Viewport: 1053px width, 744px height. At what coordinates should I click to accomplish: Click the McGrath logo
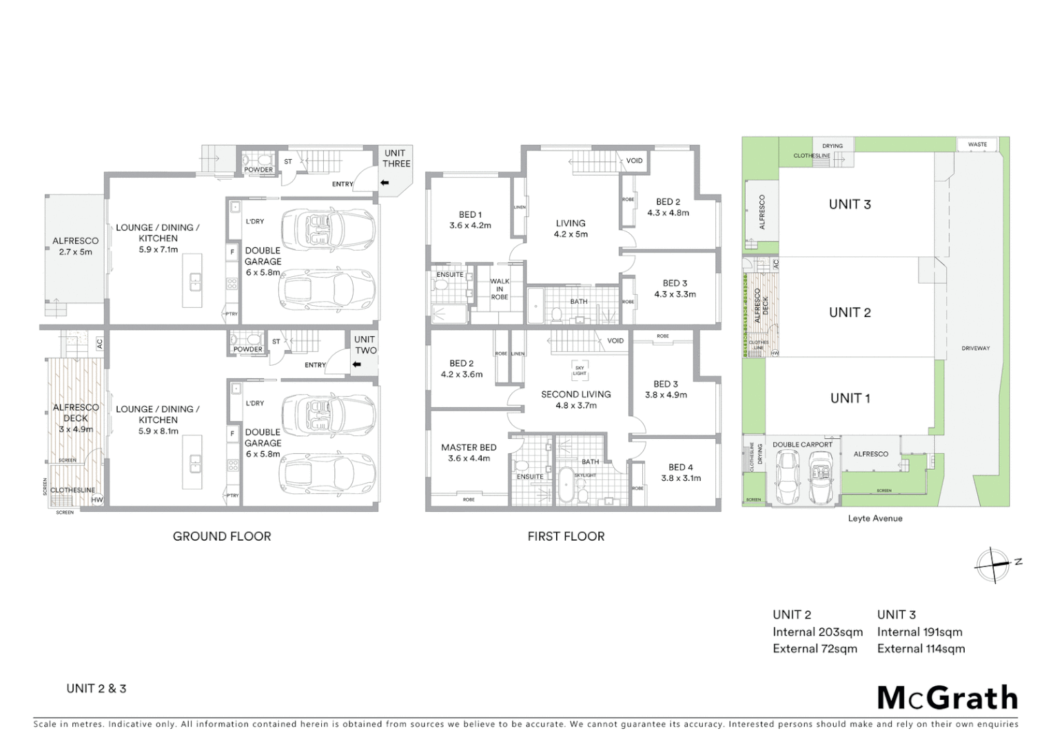pos(948,698)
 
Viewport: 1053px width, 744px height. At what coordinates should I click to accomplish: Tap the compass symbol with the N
pos(994,564)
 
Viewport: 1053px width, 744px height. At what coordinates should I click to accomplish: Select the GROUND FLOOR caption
pos(222,536)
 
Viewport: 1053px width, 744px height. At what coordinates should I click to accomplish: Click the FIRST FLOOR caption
pos(566,536)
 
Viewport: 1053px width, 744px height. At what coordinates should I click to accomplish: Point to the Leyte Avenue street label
pos(875,518)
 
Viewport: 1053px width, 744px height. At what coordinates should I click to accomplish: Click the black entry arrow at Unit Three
pos(385,183)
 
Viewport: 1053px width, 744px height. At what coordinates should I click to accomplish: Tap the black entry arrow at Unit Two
pos(356,364)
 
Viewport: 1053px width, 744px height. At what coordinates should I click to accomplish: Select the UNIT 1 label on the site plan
pos(850,398)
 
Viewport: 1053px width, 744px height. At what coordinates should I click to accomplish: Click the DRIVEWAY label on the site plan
pos(975,349)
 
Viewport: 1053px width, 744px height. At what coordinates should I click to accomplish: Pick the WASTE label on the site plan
pos(977,145)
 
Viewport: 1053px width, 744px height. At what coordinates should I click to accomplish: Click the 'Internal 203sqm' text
pos(817,632)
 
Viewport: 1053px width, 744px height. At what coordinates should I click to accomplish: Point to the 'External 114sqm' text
pos(921,648)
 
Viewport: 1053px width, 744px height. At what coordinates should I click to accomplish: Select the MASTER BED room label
pos(469,447)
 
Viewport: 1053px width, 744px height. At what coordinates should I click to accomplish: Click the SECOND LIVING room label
pos(575,394)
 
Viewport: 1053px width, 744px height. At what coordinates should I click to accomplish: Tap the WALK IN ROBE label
pos(500,289)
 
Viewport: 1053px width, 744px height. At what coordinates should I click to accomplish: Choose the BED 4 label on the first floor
pos(680,467)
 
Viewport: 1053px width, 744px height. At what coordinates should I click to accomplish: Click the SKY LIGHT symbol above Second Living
pos(580,370)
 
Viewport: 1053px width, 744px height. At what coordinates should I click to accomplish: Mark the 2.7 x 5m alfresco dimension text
pos(76,252)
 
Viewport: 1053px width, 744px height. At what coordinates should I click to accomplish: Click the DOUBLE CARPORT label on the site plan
pos(802,444)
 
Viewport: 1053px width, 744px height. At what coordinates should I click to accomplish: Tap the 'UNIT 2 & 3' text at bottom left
pos(96,688)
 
